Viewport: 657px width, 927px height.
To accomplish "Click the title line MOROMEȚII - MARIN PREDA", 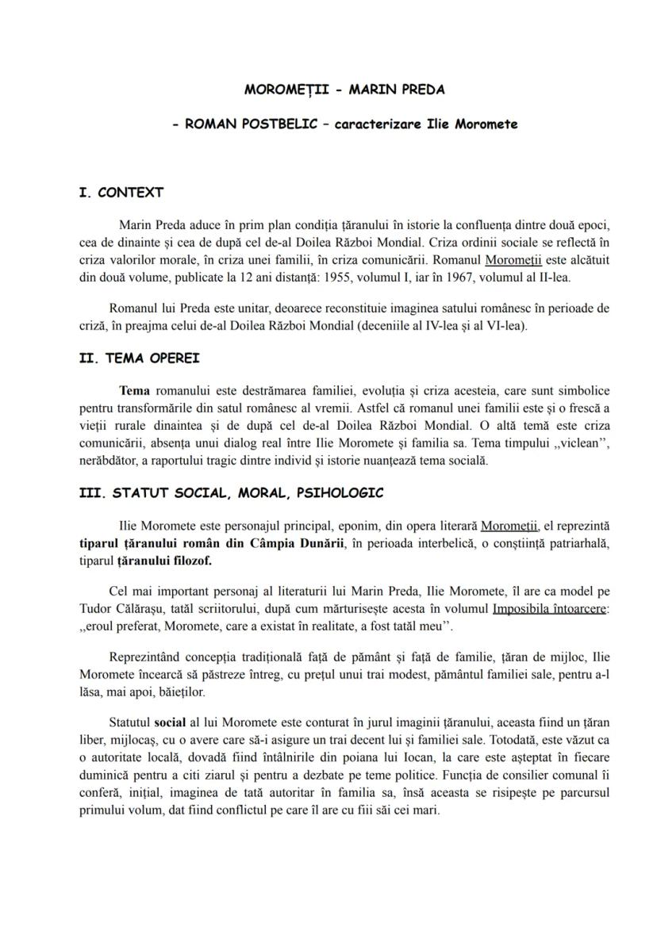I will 344,90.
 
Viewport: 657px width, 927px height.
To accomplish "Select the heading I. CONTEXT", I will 121,193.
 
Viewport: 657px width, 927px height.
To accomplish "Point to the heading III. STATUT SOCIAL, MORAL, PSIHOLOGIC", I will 232,492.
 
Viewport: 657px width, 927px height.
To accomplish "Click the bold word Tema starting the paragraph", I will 134,390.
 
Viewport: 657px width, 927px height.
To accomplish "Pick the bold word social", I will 169,722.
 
